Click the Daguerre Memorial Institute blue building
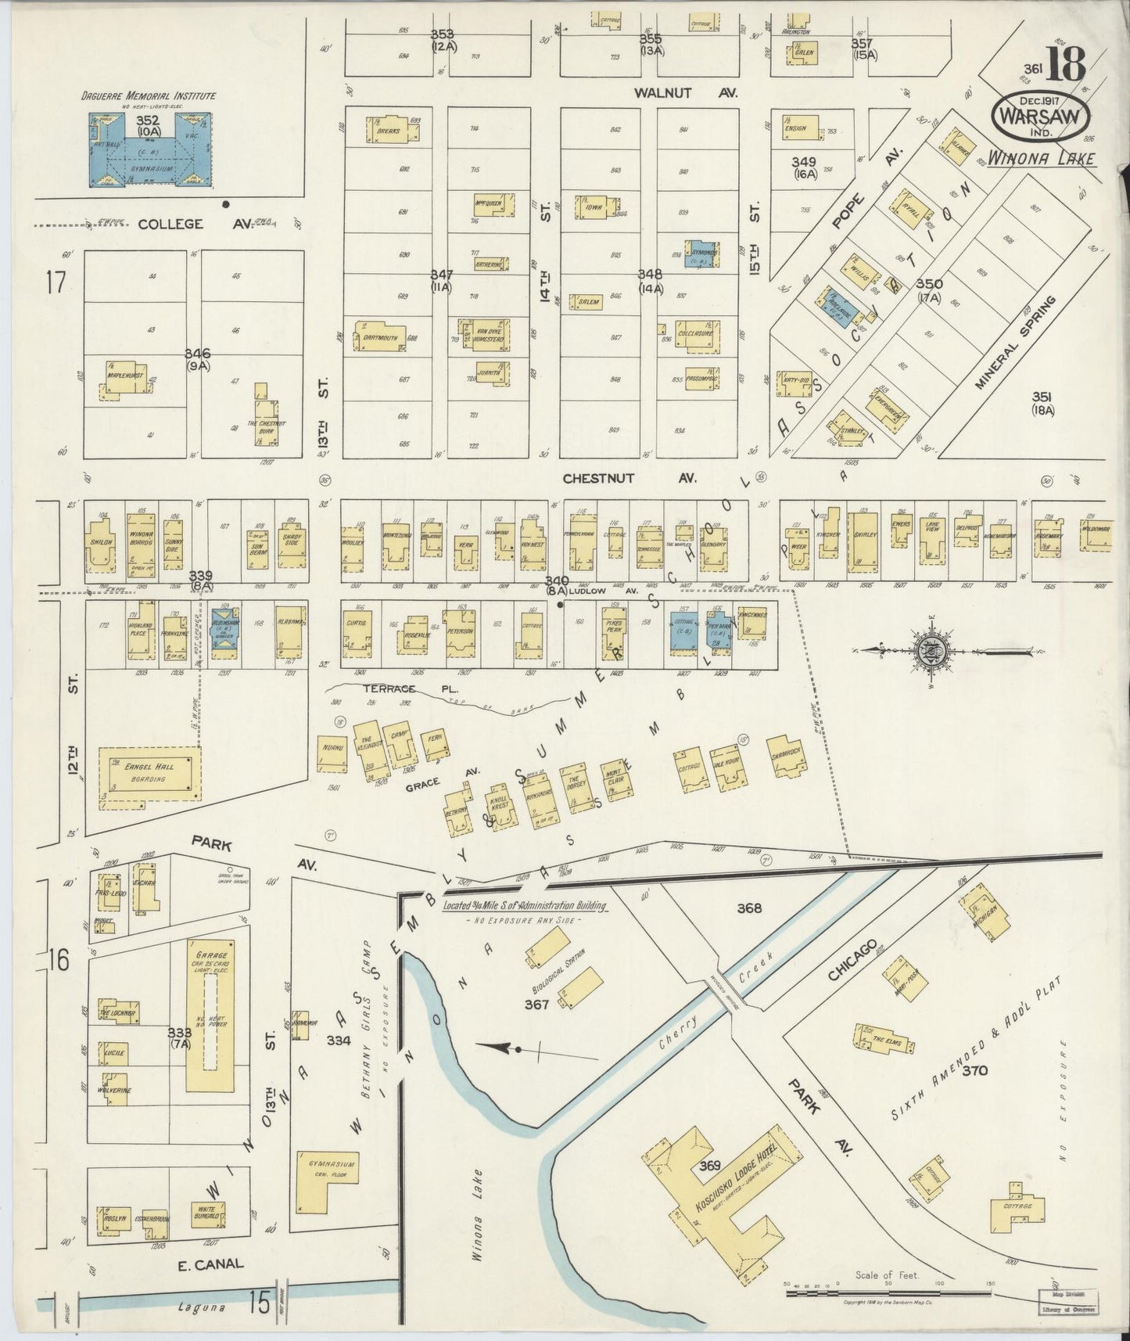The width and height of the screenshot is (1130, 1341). [147, 151]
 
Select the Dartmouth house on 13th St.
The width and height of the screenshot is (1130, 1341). [379, 336]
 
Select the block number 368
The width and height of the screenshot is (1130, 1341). [748, 908]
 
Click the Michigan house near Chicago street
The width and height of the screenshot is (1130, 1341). [983, 913]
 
